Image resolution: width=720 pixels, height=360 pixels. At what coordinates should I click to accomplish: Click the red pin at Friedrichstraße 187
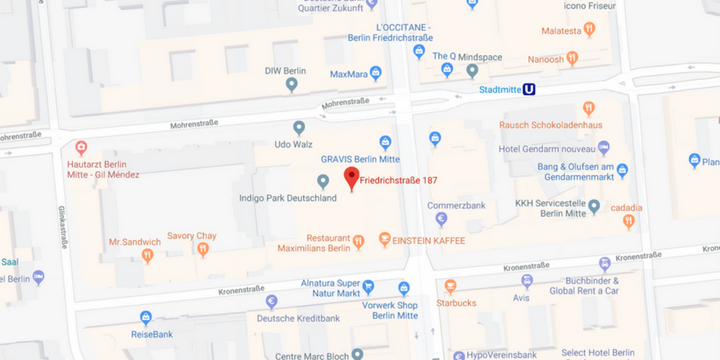(351, 177)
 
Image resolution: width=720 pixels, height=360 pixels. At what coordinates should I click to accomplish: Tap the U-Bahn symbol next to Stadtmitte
(529, 89)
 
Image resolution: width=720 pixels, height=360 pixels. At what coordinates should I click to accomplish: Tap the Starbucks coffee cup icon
(450, 287)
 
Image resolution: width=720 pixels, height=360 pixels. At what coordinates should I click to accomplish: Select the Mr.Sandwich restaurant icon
(148, 256)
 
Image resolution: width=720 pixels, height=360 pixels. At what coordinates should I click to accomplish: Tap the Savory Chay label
(191, 235)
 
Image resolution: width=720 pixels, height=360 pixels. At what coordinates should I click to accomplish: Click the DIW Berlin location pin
(292, 85)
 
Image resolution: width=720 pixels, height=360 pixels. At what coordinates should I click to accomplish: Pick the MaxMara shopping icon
(376, 73)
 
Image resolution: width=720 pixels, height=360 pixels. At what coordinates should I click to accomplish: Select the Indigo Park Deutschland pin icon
(322, 181)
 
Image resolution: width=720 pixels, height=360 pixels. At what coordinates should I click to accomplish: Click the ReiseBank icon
(146, 318)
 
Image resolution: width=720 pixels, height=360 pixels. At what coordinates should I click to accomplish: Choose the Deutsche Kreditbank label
(298, 318)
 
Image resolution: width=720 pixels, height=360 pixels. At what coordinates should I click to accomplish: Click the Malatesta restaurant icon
(589, 30)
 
